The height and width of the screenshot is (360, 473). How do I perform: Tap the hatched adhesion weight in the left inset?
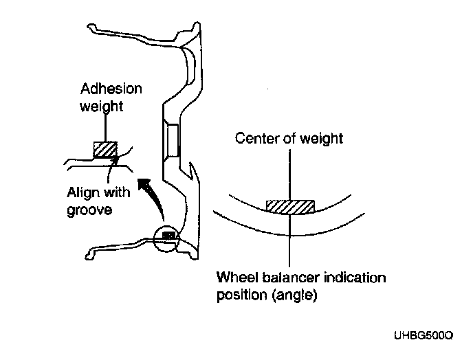[x=105, y=150]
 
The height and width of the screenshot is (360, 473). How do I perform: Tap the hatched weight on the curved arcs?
[x=289, y=206]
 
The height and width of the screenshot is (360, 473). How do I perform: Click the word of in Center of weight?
[x=290, y=139]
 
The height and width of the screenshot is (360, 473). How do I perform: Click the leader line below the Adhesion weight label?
[x=104, y=127]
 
